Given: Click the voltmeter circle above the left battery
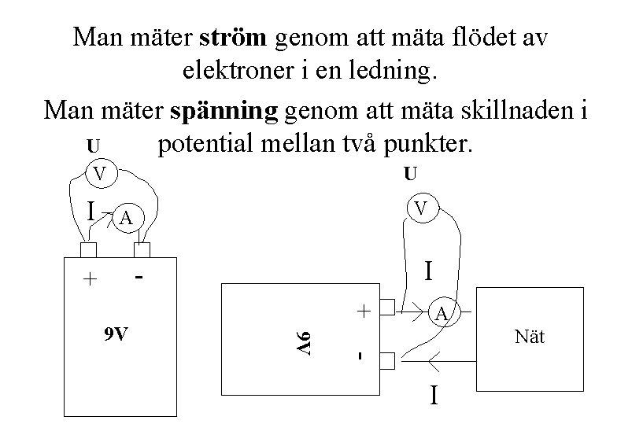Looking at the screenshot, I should click(x=101, y=171).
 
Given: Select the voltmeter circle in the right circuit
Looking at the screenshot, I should click(x=422, y=209).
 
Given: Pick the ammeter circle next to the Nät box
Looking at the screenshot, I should click(x=442, y=314).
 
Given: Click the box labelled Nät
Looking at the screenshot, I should click(x=529, y=339).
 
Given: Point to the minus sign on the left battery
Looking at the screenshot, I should click(x=139, y=278).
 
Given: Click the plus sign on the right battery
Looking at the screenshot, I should click(x=364, y=311).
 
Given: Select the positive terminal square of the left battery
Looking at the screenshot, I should click(x=88, y=250).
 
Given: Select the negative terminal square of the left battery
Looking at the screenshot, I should click(x=142, y=250).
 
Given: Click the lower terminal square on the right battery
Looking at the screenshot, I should click(x=386, y=360).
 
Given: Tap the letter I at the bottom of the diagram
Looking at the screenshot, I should click(x=434, y=394).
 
